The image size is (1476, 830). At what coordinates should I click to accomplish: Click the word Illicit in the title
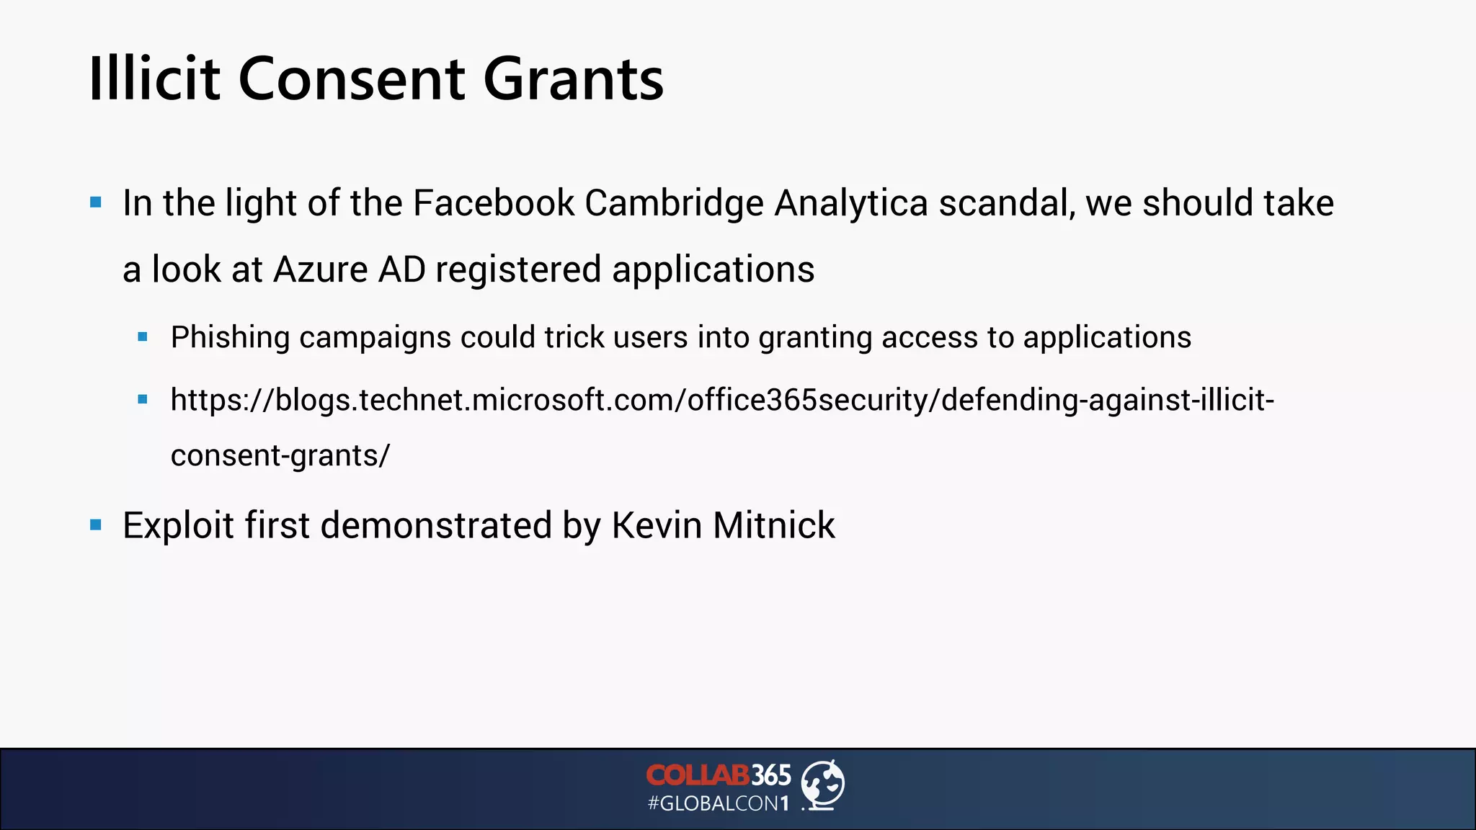click(154, 79)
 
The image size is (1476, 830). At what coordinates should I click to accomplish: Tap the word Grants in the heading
click(573, 79)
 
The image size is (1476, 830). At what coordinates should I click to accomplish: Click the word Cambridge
click(674, 203)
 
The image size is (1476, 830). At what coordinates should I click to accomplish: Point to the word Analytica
click(851, 203)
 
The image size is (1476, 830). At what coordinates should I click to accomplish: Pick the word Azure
click(321, 270)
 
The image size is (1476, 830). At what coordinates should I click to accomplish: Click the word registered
click(518, 270)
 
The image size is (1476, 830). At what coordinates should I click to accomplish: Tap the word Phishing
click(230, 338)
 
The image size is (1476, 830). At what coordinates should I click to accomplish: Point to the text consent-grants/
click(280, 455)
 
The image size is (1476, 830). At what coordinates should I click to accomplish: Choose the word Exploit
click(178, 525)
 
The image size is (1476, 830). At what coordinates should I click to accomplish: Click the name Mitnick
click(773, 525)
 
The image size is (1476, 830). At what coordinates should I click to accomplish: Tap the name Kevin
click(657, 525)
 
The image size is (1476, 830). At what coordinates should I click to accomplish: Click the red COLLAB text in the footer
click(698, 775)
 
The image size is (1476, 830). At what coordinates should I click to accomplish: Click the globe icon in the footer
click(823, 785)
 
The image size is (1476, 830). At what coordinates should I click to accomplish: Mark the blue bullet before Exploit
click(96, 525)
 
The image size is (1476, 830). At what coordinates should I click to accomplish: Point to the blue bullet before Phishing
click(143, 336)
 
